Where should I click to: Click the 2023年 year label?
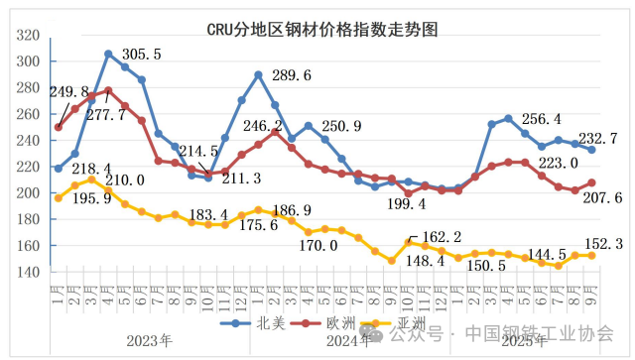[x=149, y=340]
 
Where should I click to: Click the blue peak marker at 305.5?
[x=108, y=54]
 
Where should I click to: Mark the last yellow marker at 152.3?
[x=592, y=255]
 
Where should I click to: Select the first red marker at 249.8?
[x=59, y=127]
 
